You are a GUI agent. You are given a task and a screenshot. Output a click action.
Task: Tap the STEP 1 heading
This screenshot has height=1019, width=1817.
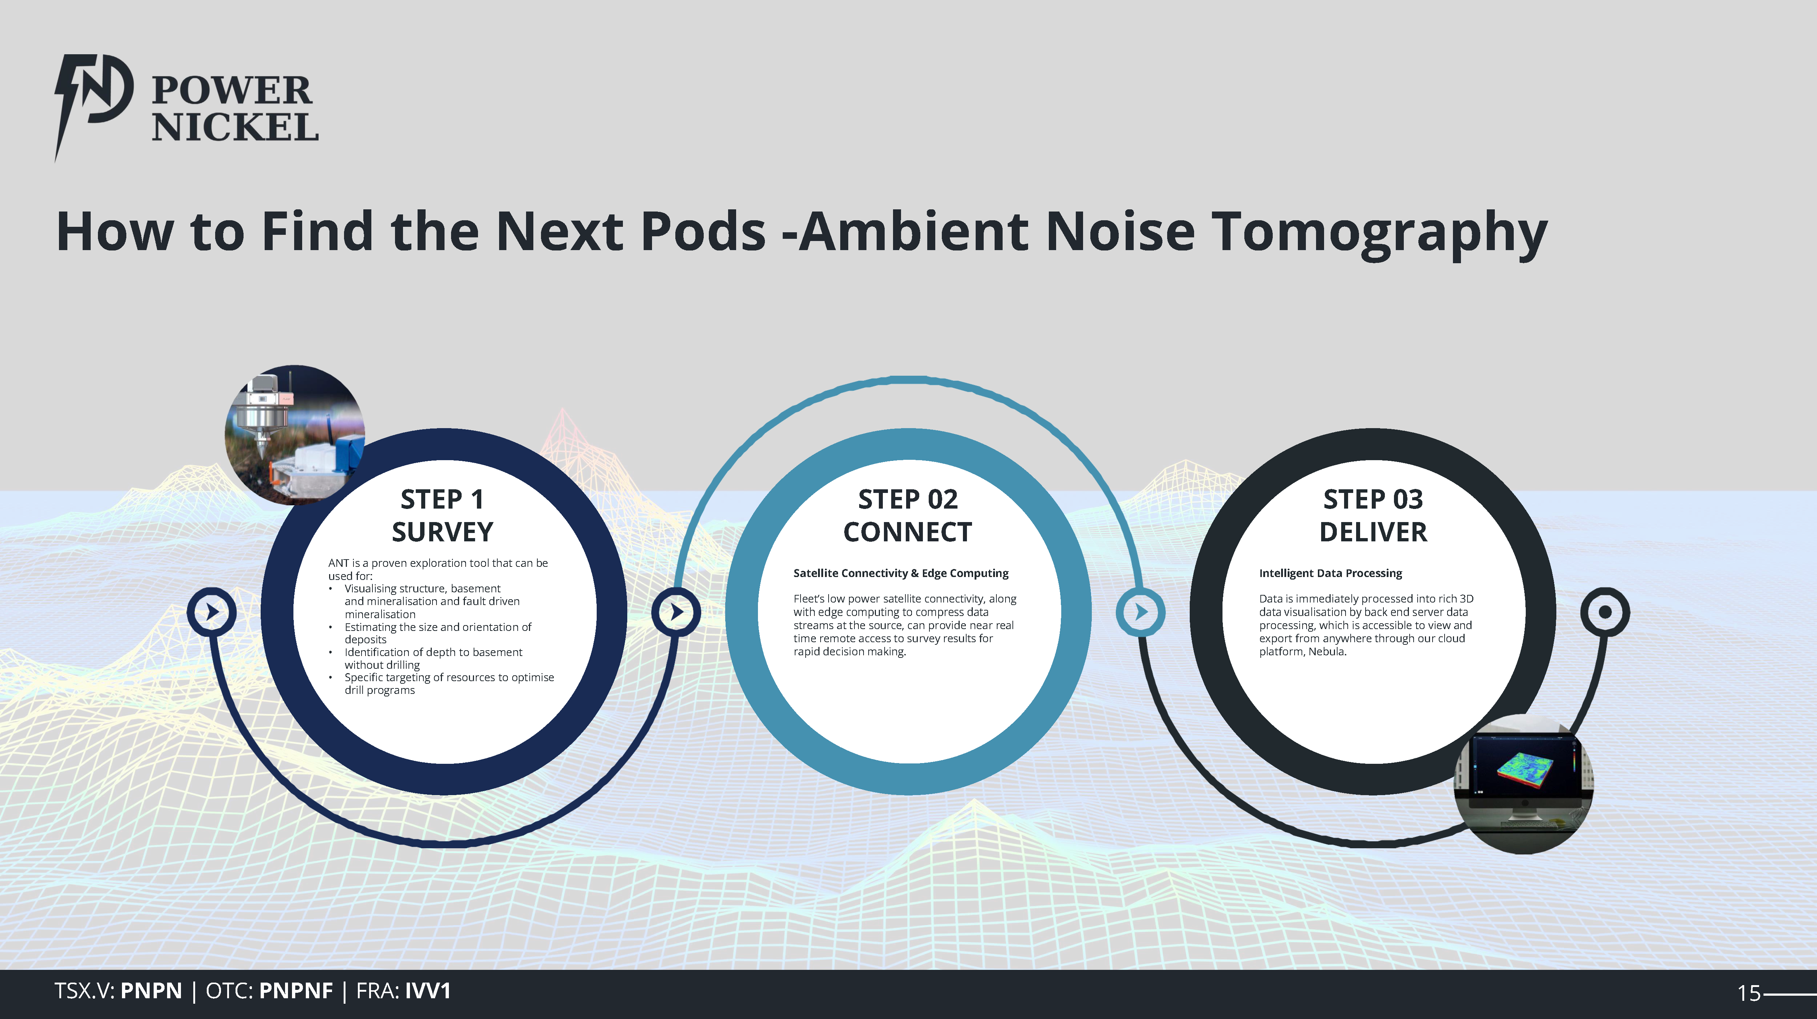(442, 499)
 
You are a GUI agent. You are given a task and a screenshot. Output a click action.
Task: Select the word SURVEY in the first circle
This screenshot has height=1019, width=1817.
(442, 532)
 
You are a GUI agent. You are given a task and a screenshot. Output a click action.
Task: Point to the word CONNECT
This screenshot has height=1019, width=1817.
(908, 532)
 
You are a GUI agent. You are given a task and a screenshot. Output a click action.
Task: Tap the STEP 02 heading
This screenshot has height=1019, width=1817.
(908, 499)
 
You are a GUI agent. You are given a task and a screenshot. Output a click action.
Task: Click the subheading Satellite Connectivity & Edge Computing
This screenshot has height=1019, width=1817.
(901, 573)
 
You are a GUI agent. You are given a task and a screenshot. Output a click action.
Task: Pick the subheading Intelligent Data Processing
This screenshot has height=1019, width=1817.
(1330, 573)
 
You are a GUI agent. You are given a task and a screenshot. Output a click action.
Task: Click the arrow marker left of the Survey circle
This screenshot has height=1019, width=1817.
(212, 611)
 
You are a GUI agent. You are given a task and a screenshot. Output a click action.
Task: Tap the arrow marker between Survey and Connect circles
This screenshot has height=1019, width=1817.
(676, 611)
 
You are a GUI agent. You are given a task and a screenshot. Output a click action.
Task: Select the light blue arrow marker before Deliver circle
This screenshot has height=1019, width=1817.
(1141, 611)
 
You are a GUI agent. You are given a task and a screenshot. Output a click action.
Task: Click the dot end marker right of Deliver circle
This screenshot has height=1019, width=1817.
(1605, 611)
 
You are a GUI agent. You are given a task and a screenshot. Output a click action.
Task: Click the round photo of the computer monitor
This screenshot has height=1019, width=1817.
(1524, 784)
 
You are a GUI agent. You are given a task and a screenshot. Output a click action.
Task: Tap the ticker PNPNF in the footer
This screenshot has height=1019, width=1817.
(296, 991)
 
